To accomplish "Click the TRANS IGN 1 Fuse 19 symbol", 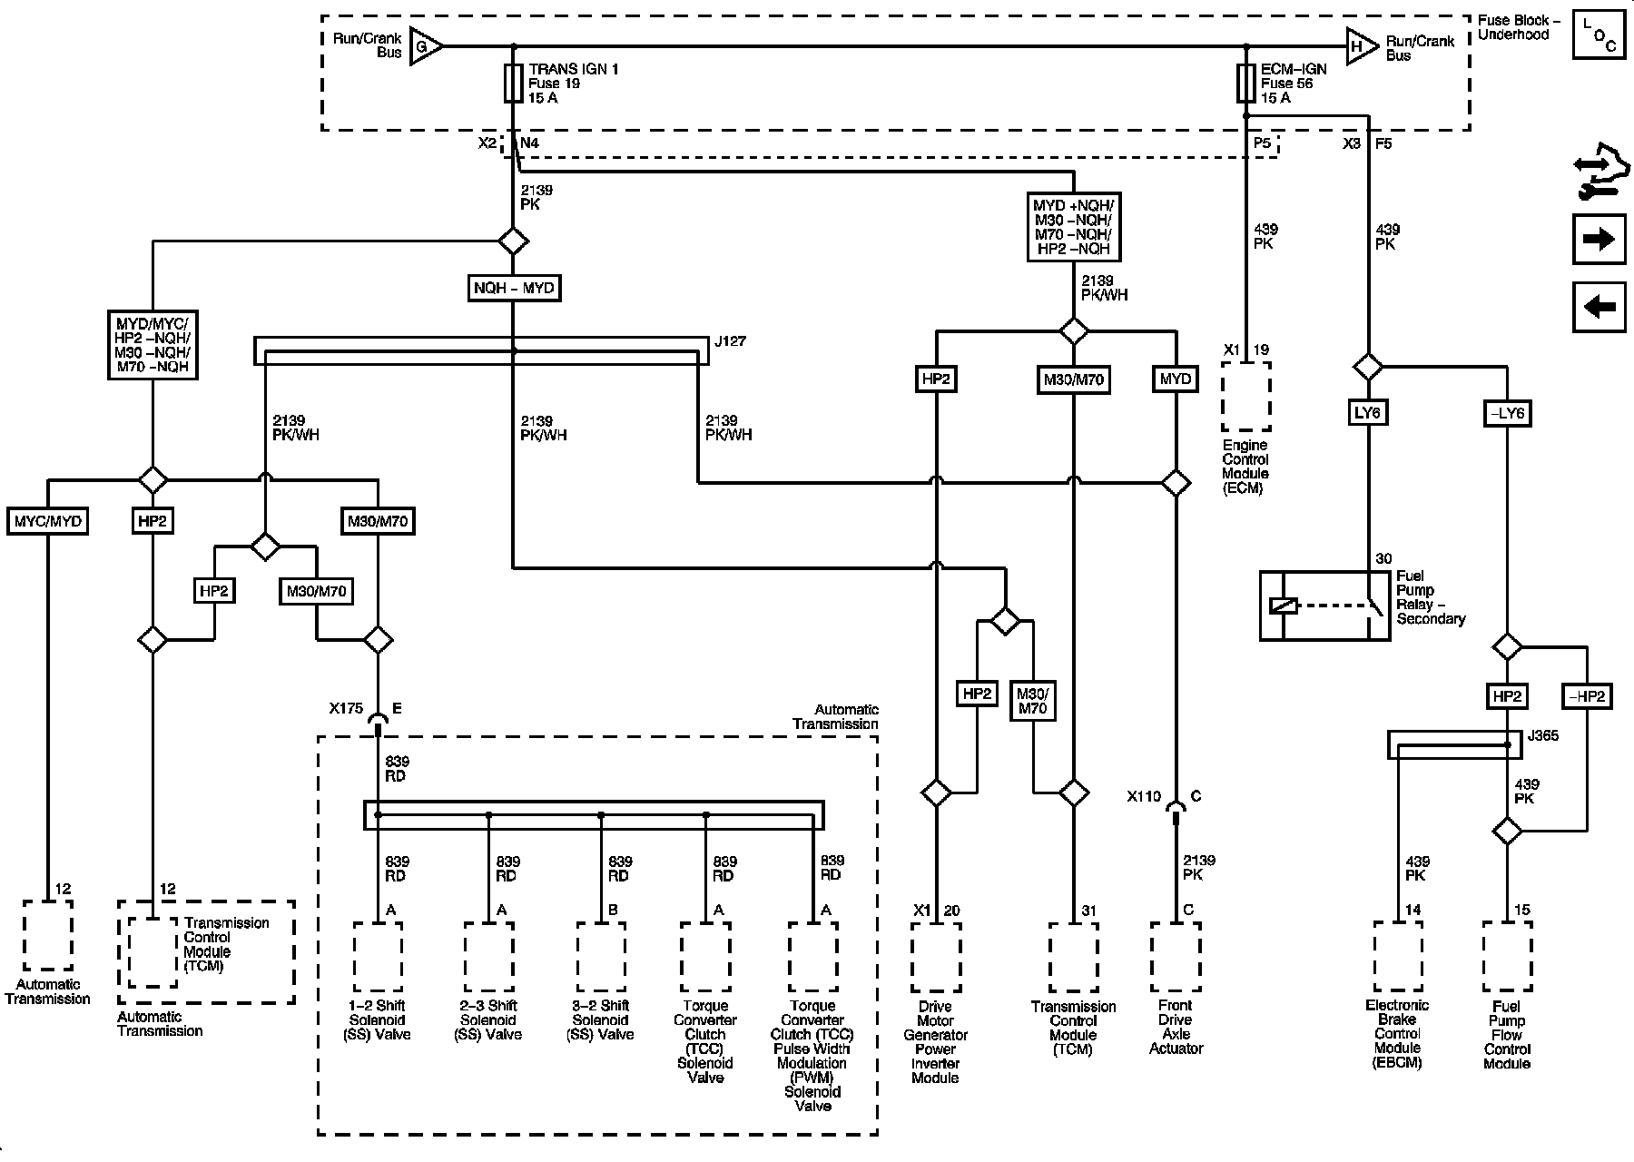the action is [514, 83].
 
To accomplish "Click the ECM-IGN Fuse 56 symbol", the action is [1246, 83].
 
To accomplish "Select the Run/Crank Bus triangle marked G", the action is [425, 46].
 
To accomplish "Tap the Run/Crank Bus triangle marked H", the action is [1362, 46].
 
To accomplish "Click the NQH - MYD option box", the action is [514, 289].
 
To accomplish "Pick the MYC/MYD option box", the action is [47, 521].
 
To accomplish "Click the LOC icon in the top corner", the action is [1600, 35].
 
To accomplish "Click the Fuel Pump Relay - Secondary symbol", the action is [1324, 606].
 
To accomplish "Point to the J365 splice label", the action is [1544, 735].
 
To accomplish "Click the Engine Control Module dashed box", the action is [1246, 397].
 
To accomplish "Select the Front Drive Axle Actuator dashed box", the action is [1176, 957].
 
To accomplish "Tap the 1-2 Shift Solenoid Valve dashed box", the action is [378, 957].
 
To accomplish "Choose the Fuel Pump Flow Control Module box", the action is [1507, 957].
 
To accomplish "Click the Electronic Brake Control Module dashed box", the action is [1398, 957].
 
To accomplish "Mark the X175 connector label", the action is [346, 707].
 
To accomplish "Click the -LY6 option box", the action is [1507, 413].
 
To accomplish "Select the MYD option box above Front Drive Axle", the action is [1176, 379].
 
